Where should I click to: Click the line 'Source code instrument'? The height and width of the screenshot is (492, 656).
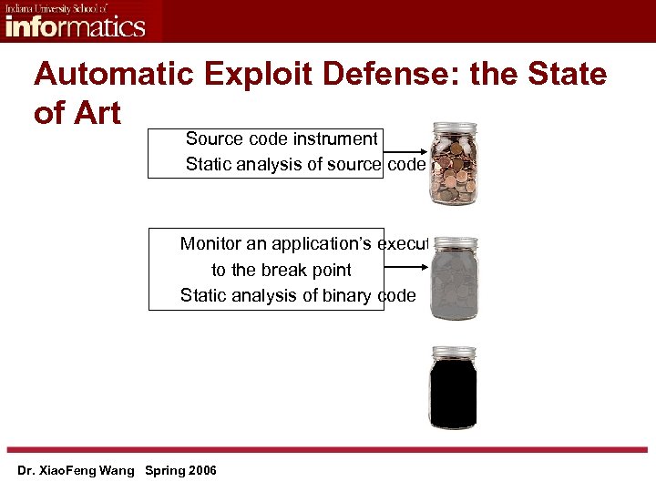(x=281, y=138)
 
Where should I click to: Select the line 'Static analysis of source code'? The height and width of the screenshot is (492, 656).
(x=305, y=164)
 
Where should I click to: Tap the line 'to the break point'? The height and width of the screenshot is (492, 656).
(x=281, y=270)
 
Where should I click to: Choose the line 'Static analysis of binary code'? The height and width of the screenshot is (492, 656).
(x=298, y=295)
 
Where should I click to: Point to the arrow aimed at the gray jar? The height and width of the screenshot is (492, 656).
(x=407, y=266)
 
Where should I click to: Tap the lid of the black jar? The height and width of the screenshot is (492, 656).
(x=453, y=352)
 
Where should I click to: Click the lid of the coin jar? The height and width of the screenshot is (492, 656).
(x=454, y=128)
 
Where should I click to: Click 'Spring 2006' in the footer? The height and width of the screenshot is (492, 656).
(x=187, y=470)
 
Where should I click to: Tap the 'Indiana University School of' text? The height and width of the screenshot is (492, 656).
(x=56, y=7)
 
